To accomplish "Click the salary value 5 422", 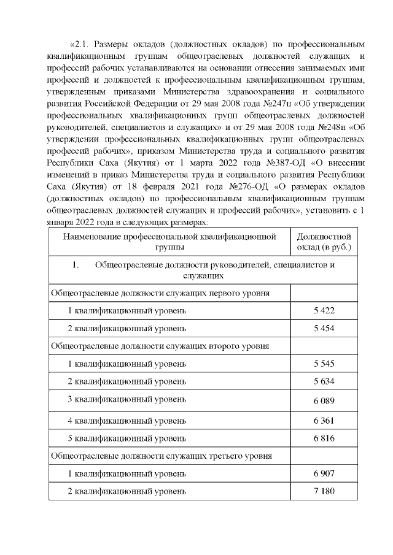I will (324, 310).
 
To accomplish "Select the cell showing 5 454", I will (324, 328).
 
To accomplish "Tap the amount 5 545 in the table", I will (324, 364).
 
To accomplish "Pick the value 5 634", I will (324, 381).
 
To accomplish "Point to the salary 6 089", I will (324, 400).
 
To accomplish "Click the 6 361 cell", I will (324, 420).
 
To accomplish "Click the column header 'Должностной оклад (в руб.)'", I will (324, 242).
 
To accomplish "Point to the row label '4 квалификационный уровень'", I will (127, 420).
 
